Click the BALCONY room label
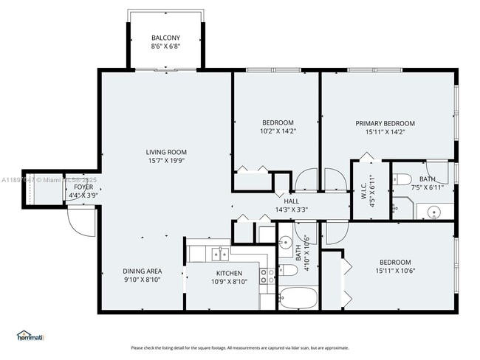click(x=165, y=38)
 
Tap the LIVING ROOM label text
click(x=165, y=151)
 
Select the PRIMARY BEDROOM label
click(x=385, y=123)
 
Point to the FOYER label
click(x=83, y=187)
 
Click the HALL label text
click(x=291, y=201)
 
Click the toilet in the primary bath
click(x=402, y=179)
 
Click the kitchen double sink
click(x=219, y=255)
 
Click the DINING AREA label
click(x=142, y=271)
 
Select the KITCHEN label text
click(x=225, y=272)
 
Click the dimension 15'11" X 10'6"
click(x=395, y=271)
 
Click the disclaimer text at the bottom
click(x=239, y=347)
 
